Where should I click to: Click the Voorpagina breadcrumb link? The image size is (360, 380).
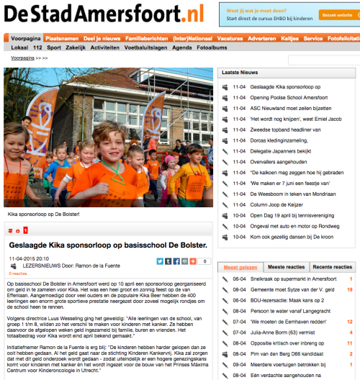pos(22,57)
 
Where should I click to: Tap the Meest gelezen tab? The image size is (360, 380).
pos(240,266)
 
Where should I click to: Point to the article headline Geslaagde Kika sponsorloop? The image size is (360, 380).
pos(108,245)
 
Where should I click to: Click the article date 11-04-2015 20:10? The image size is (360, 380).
pos(29,258)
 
